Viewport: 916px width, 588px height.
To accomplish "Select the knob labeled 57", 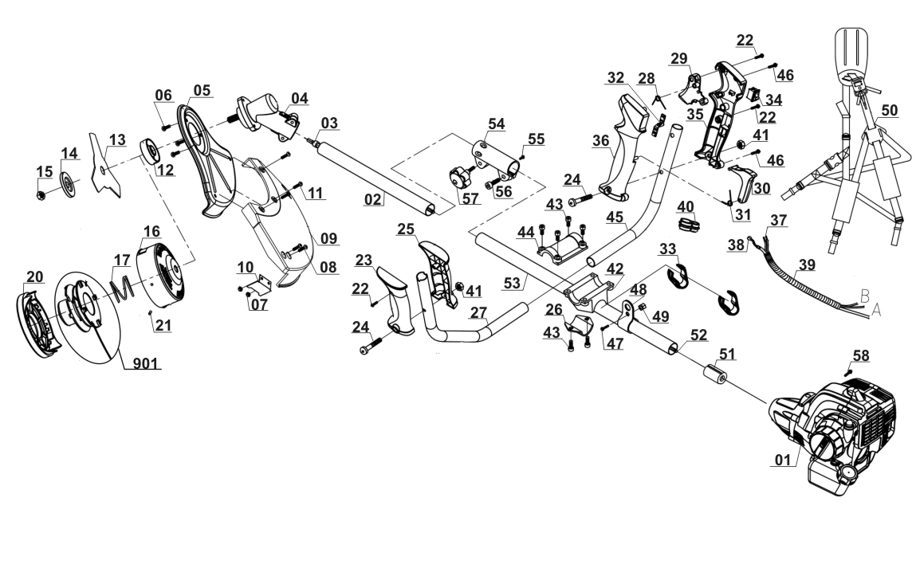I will point(462,177).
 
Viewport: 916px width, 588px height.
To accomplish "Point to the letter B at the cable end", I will point(866,294).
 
